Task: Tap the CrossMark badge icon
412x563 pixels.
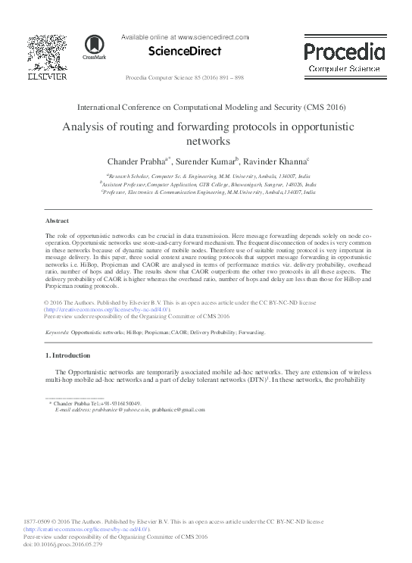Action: click(x=95, y=47)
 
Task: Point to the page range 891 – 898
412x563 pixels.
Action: click(x=227, y=78)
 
